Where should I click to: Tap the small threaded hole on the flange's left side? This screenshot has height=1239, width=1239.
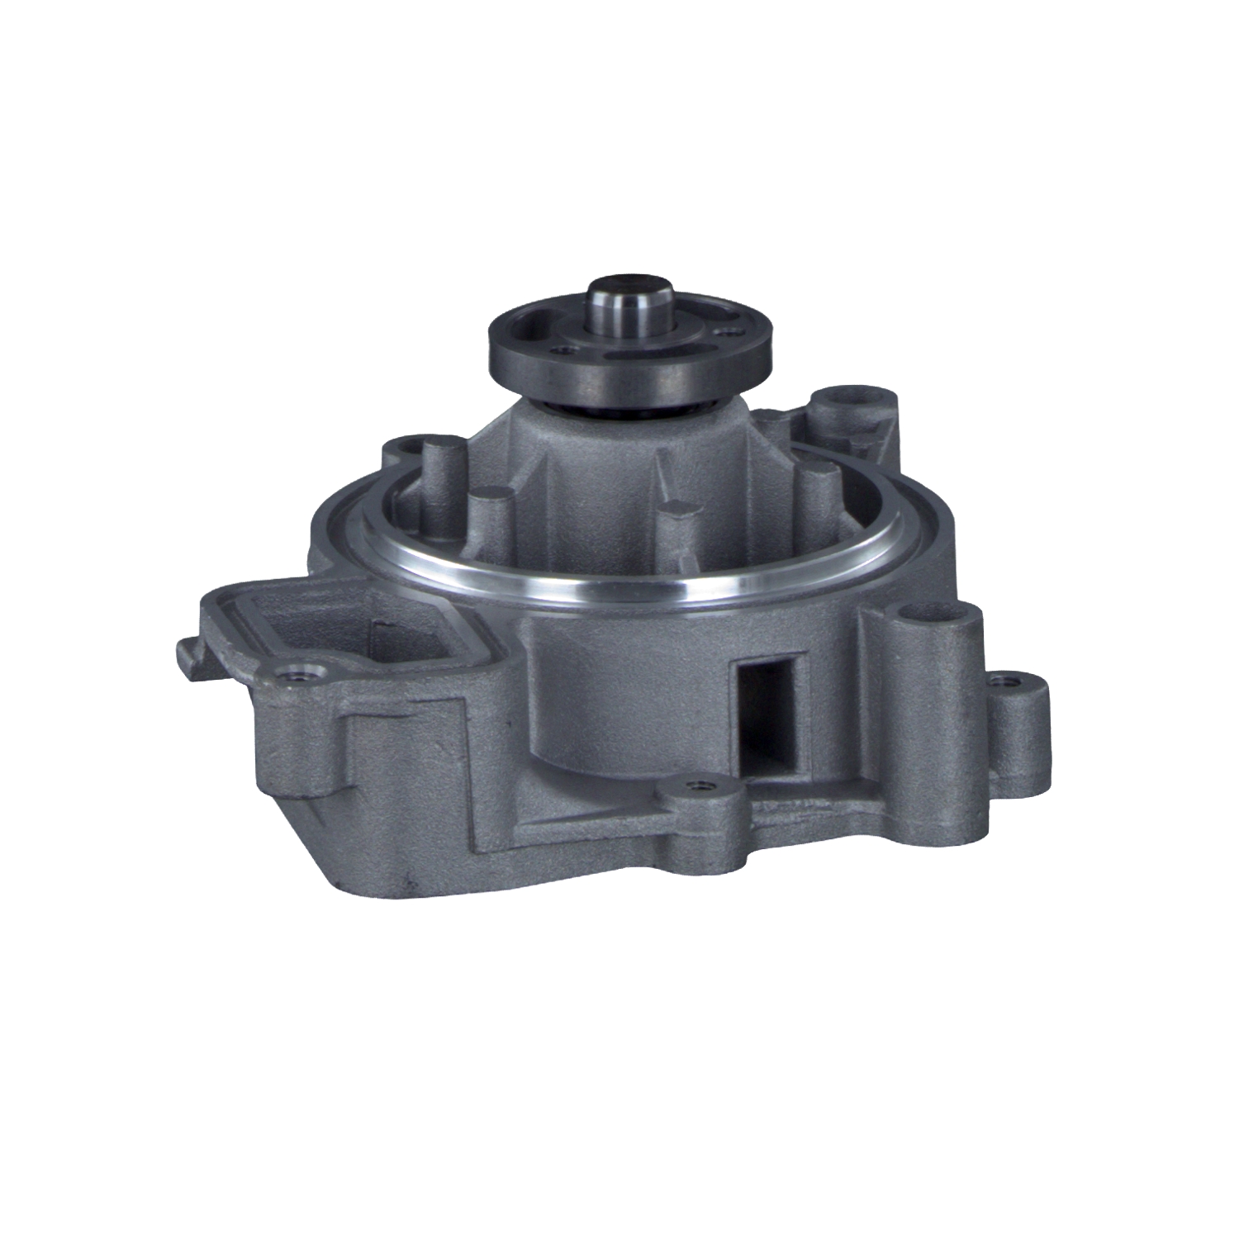point(565,349)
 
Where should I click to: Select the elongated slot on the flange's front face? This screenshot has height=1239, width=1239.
point(640,357)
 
